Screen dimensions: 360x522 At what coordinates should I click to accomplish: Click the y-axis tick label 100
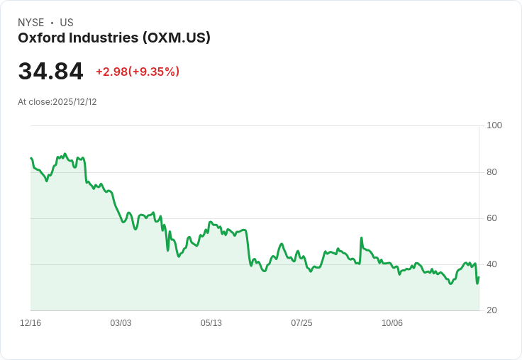494,125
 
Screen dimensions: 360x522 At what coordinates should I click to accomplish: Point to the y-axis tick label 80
492,172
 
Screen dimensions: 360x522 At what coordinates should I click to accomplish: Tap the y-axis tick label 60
492,218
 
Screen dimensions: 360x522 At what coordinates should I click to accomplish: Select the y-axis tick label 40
492,264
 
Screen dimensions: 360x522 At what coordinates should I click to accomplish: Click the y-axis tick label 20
492,310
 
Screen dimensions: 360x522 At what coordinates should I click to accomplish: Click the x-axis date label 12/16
30,323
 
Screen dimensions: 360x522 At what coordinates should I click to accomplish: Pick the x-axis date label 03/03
121,323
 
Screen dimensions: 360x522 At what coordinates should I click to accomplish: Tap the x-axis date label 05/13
211,323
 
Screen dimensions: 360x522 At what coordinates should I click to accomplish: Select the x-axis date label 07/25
301,323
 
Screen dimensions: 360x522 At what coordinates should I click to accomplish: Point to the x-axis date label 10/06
392,323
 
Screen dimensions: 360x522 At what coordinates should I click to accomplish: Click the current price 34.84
50,72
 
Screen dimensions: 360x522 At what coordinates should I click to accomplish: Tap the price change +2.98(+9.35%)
138,72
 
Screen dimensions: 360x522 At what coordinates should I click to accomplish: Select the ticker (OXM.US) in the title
176,38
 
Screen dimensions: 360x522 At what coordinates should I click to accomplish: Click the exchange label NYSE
31,23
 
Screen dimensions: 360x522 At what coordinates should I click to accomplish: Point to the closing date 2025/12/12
74,102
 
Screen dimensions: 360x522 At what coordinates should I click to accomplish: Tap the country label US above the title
67,23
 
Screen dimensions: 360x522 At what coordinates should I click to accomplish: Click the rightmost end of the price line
479,277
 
